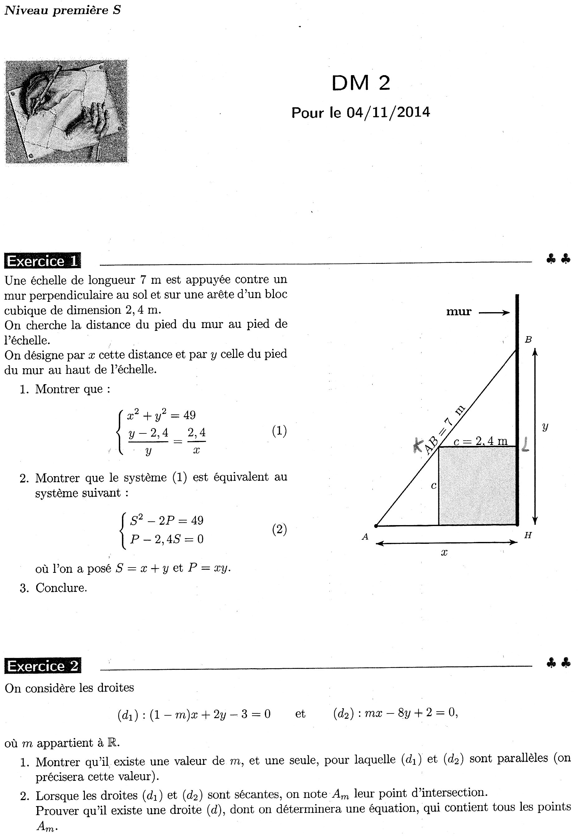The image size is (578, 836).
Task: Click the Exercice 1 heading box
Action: tap(42, 261)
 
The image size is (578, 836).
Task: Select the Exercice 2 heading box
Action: tap(42, 666)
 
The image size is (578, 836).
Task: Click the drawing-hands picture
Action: tap(66, 111)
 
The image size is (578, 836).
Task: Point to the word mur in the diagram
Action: tap(459, 312)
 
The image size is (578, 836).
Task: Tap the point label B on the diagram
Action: tap(528, 340)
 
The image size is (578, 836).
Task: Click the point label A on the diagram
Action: tap(365, 537)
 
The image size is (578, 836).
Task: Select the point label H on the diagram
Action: tap(528, 535)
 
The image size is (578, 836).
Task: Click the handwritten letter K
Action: tap(419, 445)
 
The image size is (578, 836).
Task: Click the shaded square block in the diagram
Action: tap(477, 486)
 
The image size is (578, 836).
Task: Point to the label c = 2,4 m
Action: tap(480, 441)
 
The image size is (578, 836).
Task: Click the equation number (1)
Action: tap(279, 431)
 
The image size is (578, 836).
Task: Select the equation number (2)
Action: tap(279, 530)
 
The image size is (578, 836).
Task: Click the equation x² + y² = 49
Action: tap(161, 415)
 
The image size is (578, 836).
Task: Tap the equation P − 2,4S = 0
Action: tap(167, 539)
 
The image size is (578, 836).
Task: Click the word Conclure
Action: tap(61, 587)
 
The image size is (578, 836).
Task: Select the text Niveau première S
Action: tap(62, 10)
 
